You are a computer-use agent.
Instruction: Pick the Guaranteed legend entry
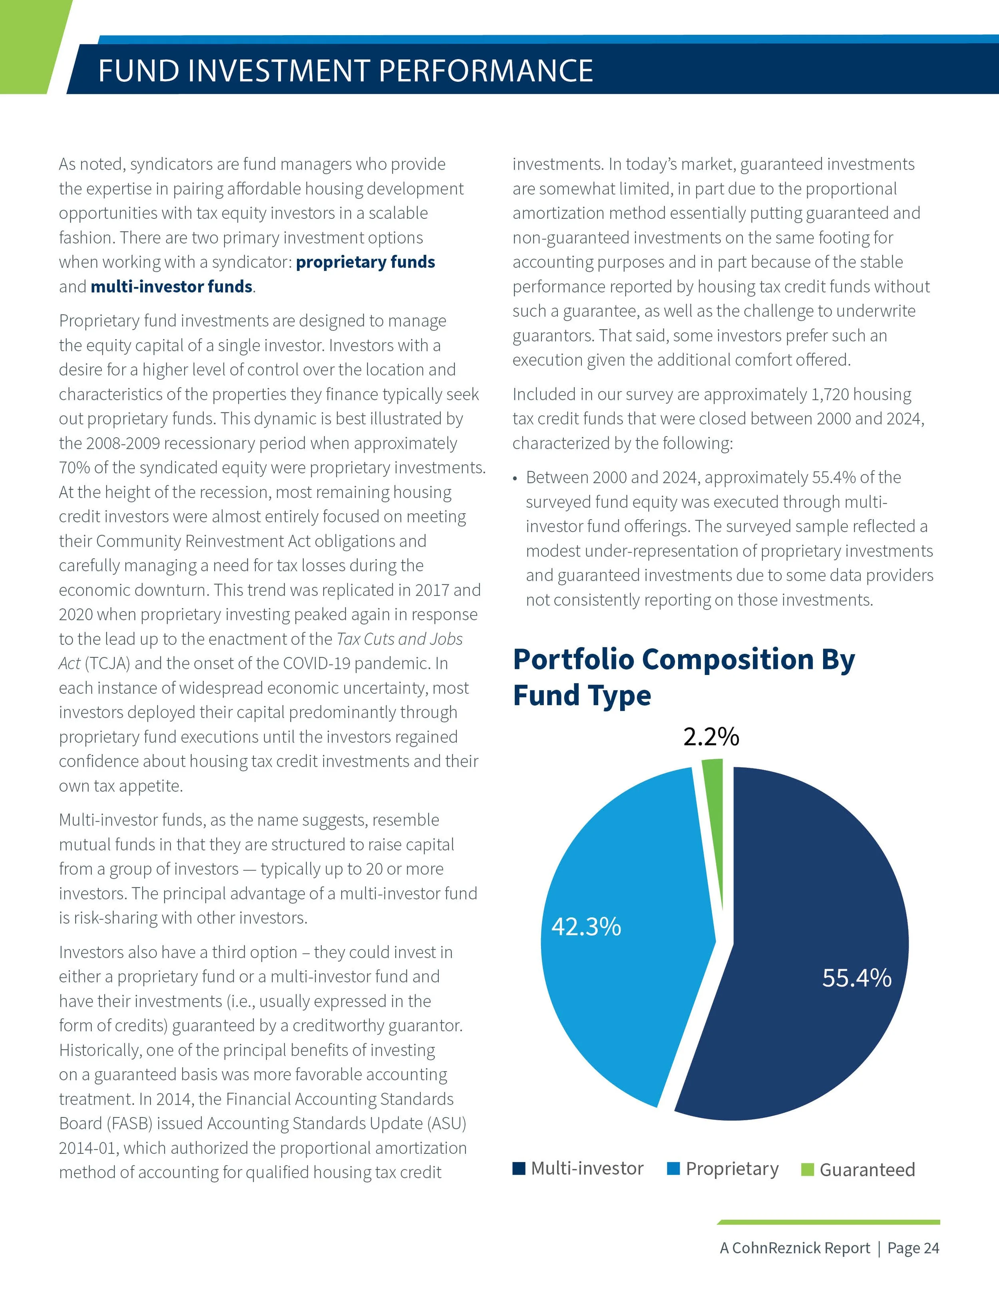pos(859,1169)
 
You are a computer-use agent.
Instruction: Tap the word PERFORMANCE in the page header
pos(485,71)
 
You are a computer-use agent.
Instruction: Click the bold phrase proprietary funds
pos(365,262)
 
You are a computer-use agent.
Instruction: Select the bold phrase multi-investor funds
pos(171,287)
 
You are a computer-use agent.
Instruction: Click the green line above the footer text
pos(828,1222)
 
